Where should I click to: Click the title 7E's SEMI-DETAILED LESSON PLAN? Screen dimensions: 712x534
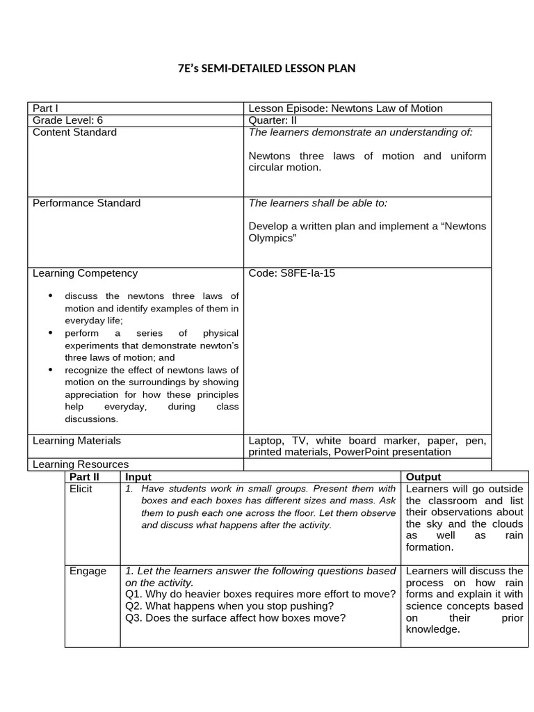pyautogui.click(x=267, y=68)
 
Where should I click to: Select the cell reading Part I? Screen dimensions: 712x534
pyautogui.click(x=45, y=108)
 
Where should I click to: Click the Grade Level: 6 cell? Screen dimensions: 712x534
pyautogui.click(x=68, y=120)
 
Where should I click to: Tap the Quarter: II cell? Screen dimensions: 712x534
pyautogui.click(x=273, y=120)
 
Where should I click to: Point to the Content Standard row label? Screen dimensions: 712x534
pyautogui.click(x=74, y=132)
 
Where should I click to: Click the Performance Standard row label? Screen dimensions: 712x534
pyautogui.click(x=86, y=203)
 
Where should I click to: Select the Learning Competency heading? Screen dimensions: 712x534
pyautogui.click(x=85, y=273)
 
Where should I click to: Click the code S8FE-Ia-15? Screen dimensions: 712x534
pyautogui.click(x=292, y=273)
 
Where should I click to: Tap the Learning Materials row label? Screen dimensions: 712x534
pyautogui.click(x=76, y=440)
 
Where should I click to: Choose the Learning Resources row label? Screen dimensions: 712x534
pyautogui.click(x=80, y=464)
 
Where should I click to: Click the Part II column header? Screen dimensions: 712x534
pyautogui.click(x=84, y=477)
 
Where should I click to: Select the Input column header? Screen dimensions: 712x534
pyautogui.click(x=138, y=477)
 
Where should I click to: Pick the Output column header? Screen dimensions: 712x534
pyautogui.click(x=423, y=477)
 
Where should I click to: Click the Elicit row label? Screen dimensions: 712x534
pyautogui.click(x=81, y=489)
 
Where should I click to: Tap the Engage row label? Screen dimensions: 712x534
pyautogui.click(x=88, y=571)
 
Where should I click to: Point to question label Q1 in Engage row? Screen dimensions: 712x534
pyautogui.click(x=133, y=594)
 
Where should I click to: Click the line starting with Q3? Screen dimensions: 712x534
pyautogui.click(x=235, y=617)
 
